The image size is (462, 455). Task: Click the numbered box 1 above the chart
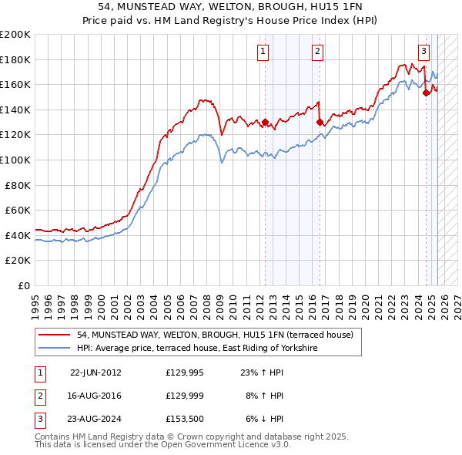[x=263, y=52]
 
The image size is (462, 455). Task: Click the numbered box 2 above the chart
[x=317, y=52]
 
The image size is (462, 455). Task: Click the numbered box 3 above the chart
[x=423, y=52]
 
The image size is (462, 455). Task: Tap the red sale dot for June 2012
[x=266, y=122]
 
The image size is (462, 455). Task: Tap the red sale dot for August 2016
[x=320, y=122]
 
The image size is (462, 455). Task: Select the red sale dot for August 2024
[x=426, y=93]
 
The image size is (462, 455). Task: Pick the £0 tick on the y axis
[x=22, y=285]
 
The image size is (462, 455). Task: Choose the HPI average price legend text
[x=197, y=349]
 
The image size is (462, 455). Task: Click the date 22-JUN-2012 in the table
[x=95, y=372]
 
